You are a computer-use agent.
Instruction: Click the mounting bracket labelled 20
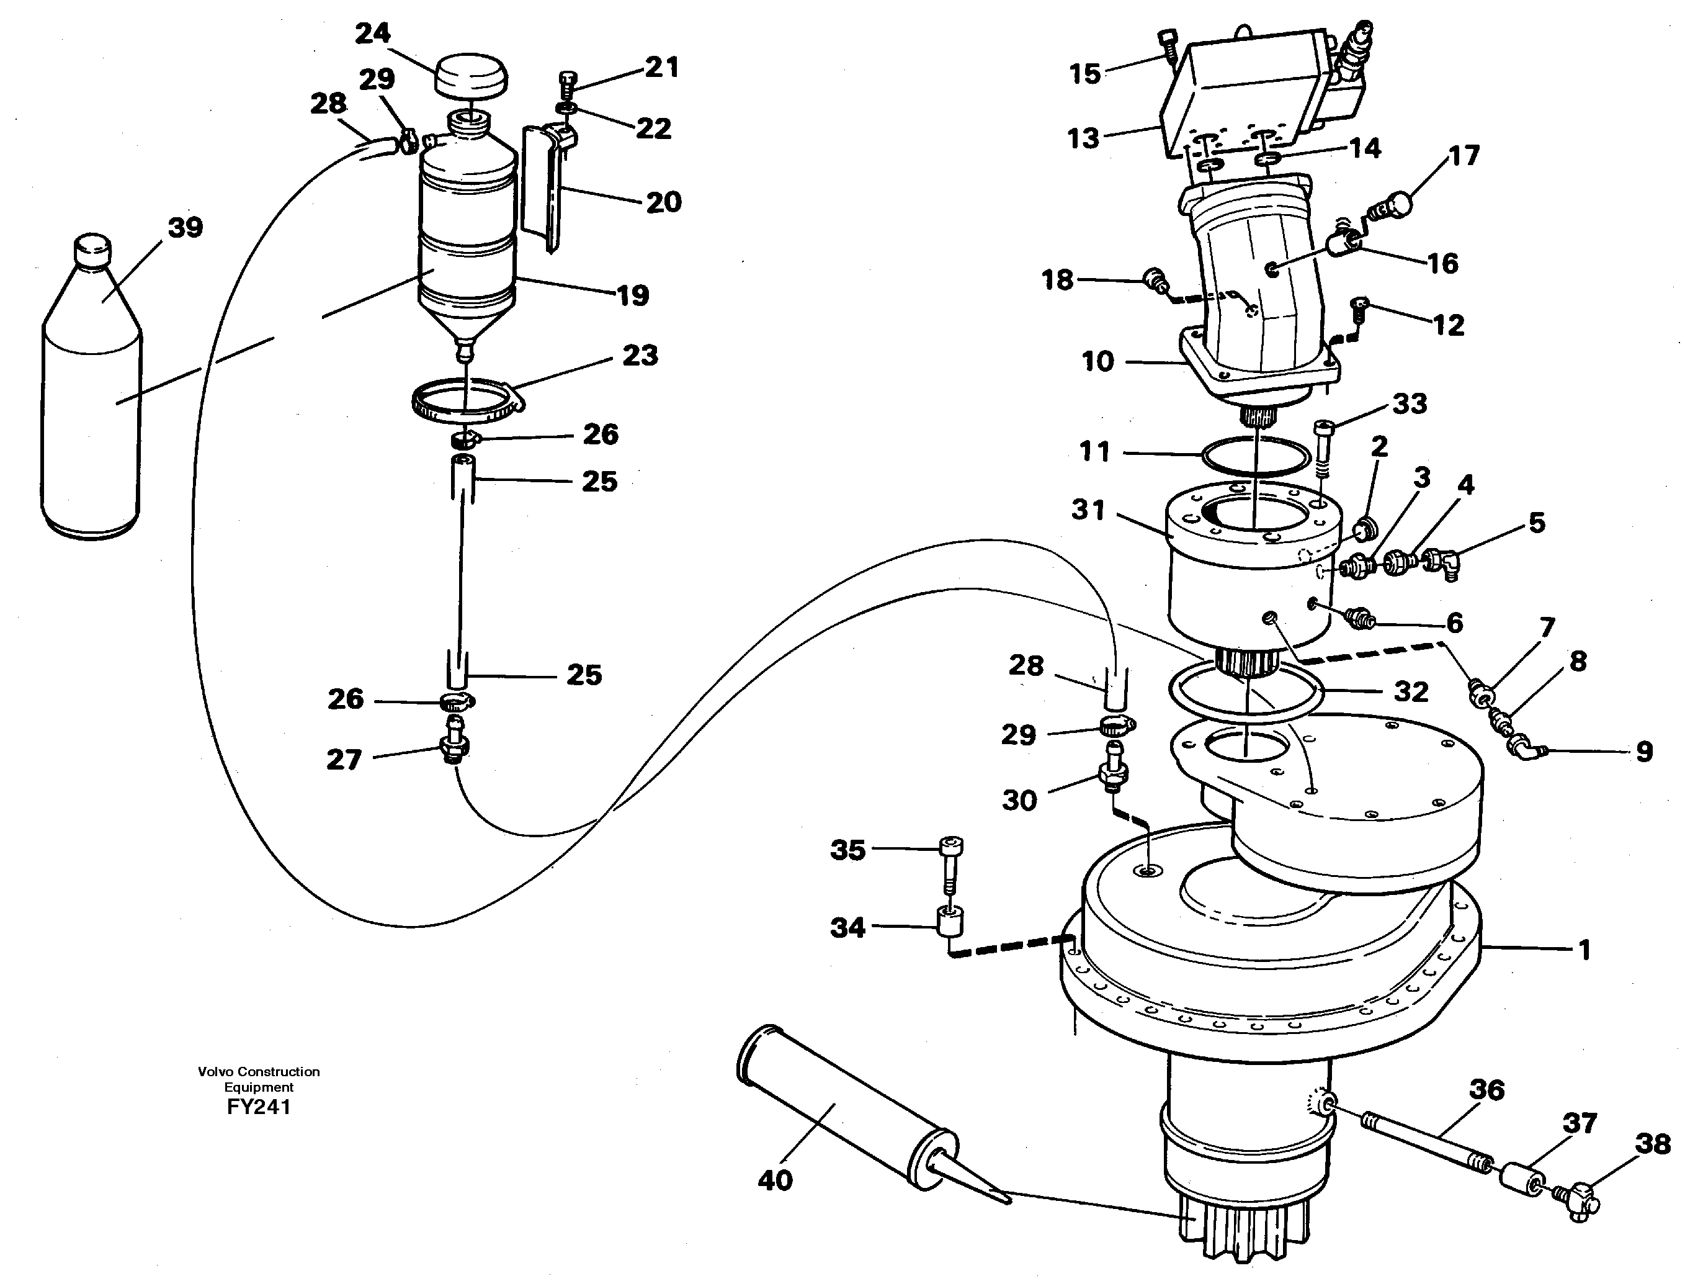(x=543, y=187)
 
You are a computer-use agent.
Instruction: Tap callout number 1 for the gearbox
(x=1584, y=950)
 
